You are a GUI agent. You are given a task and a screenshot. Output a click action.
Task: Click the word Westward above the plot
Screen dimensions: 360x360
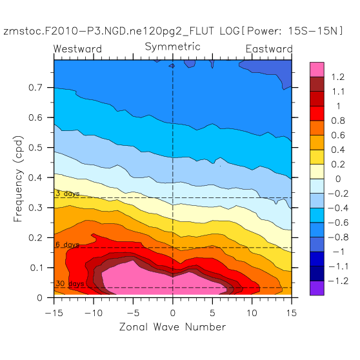[x=77, y=48]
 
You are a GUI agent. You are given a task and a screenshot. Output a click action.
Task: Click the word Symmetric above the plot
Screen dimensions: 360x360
[x=173, y=47]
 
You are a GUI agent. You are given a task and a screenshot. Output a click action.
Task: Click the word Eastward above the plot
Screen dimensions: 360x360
[x=269, y=48]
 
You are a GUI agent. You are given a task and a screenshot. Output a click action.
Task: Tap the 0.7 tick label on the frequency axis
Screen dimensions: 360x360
[x=35, y=88]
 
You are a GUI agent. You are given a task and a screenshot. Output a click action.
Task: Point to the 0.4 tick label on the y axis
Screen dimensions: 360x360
[x=35, y=177]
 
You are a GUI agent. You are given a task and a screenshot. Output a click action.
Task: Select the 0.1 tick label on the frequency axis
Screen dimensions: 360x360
[x=36, y=268]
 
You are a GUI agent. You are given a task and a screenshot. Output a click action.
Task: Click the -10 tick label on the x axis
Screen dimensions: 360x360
[x=94, y=313]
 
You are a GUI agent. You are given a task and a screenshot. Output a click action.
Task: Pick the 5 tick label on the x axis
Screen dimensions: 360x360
[x=212, y=313]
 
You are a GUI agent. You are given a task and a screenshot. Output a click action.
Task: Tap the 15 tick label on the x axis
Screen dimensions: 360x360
[x=292, y=313]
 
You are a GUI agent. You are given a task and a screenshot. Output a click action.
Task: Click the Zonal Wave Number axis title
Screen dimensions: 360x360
[x=172, y=327]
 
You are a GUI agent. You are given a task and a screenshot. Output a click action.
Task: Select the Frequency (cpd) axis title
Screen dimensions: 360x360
[x=18, y=179]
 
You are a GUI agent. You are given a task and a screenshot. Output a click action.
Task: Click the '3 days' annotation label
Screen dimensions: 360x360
[x=68, y=194]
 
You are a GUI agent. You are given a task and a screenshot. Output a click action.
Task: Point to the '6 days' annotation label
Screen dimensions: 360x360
[x=68, y=245]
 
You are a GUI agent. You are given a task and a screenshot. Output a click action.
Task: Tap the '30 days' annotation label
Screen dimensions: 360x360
[x=70, y=283]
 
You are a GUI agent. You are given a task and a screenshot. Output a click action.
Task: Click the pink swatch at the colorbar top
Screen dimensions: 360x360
[x=317, y=70]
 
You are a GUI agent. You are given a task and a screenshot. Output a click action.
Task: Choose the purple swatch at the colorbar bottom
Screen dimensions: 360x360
[x=317, y=288]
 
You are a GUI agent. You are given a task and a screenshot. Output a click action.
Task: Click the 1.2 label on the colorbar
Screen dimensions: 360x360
[x=338, y=77]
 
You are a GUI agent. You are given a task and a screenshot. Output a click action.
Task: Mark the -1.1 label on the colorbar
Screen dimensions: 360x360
[x=338, y=266]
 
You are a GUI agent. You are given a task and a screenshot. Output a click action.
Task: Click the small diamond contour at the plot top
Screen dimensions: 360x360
[x=172, y=66]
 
